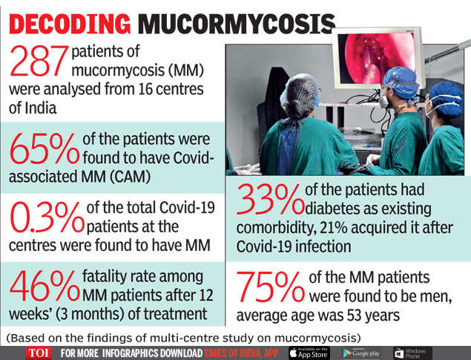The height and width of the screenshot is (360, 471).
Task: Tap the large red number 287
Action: (x=37, y=62)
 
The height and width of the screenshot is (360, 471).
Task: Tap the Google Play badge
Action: (x=361, y=353)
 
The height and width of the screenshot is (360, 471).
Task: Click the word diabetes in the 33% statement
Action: (x=341, y=208)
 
